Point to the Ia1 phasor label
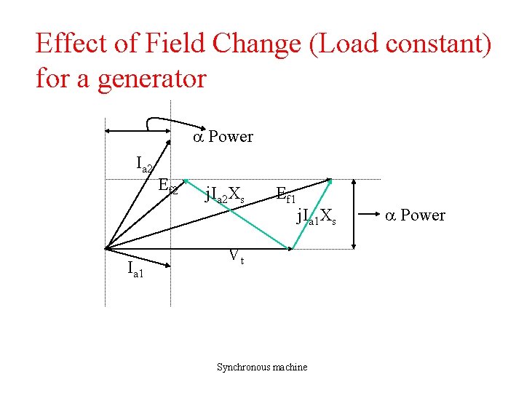pyautogui.click(x=136, y=271)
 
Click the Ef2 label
pyautogui.click(x=168, y=186)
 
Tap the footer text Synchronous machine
pyautogui.click(x=262, y=367)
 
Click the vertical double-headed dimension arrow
pyautogui.click(x=354, y=215)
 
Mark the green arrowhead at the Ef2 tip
pyautogui.click(x=186, y=180)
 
